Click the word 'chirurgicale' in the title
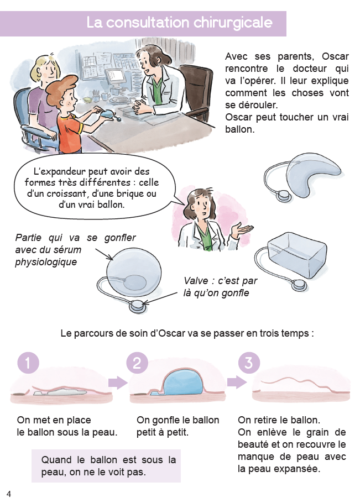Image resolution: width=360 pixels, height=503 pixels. click(233, 23)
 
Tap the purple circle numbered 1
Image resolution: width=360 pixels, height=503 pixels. click(28, 363)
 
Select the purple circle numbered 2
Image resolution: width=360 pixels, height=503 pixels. click(137, 363)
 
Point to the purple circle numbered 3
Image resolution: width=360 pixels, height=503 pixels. click(249, 363)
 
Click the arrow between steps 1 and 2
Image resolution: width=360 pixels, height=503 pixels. click(118, 383)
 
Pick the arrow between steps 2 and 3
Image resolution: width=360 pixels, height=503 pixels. click(237, 382)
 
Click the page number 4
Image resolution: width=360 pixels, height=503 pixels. click(9, 494)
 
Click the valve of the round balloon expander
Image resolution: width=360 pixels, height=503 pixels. click(139, 306)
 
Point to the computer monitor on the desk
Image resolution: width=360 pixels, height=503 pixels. click(114, 76)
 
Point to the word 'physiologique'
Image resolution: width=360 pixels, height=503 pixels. click(46, 262)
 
